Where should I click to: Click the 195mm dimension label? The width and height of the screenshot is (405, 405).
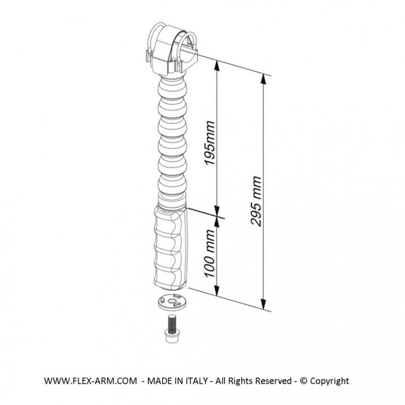[x=209, y=143]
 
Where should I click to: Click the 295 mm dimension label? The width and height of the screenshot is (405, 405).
[x=256, y=201]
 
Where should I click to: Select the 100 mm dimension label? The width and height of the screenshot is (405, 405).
[x=209, y=253]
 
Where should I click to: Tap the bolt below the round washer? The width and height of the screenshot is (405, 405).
[x=171, y=329]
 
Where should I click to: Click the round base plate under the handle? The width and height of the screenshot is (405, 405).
[x=171, y=302]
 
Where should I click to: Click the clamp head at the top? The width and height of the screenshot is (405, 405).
[x=170, y=49]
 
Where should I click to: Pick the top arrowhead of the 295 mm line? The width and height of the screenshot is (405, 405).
[x=263, y=79]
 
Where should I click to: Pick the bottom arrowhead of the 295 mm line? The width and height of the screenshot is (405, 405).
[x=263, y=304]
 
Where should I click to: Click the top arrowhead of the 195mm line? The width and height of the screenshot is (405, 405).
[x=217, y=66]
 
